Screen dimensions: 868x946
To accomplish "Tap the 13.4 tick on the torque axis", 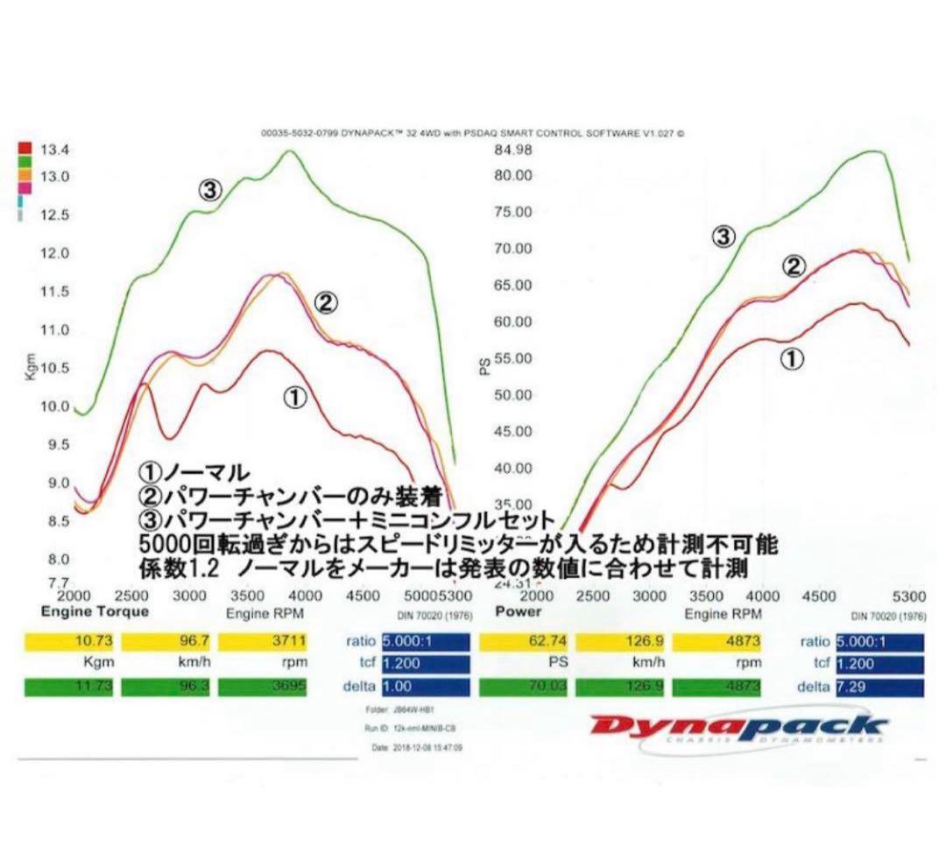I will point(58,150).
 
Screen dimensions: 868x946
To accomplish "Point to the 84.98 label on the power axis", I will point(512,150).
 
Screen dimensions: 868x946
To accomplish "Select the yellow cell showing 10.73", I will point(68,642).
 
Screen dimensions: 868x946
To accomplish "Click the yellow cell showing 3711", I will point(262,642).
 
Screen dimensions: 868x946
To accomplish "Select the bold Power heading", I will point(519,611).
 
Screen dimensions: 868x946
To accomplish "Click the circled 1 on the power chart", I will point(791,358).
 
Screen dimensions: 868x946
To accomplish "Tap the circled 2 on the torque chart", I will point(324,304).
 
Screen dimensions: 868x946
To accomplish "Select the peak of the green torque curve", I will point(288,152).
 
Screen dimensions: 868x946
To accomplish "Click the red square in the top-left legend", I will point(25,148).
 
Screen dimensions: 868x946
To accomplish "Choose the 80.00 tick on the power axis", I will point(512,175).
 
